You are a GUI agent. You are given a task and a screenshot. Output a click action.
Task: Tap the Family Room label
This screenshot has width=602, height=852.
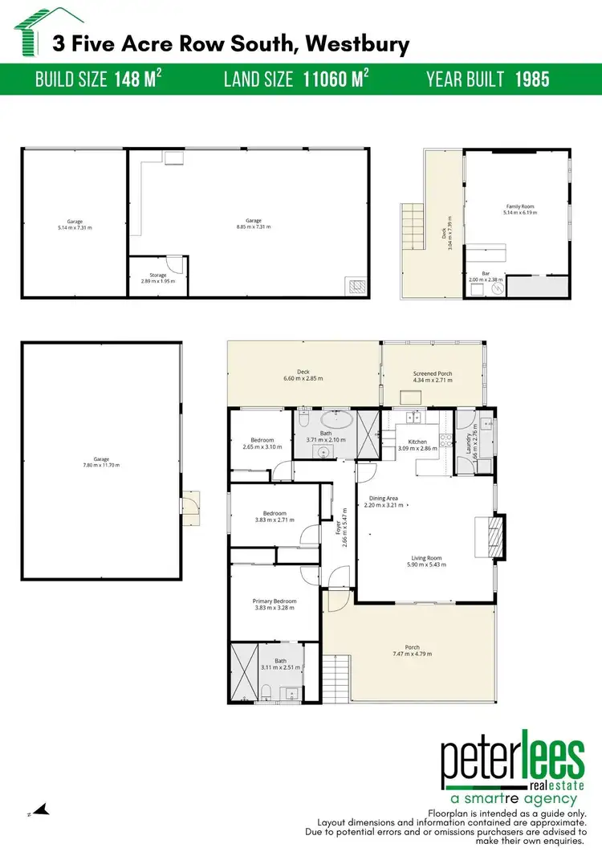[519, 206]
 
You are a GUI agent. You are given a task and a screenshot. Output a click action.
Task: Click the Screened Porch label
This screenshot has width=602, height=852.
[433, 373]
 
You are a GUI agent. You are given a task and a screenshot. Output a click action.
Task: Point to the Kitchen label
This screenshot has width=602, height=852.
[417, 442]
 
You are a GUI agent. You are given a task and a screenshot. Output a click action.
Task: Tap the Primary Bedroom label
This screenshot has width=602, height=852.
[275, 601]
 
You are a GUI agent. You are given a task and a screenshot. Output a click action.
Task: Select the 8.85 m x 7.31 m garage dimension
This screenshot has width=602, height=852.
[254, 227]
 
